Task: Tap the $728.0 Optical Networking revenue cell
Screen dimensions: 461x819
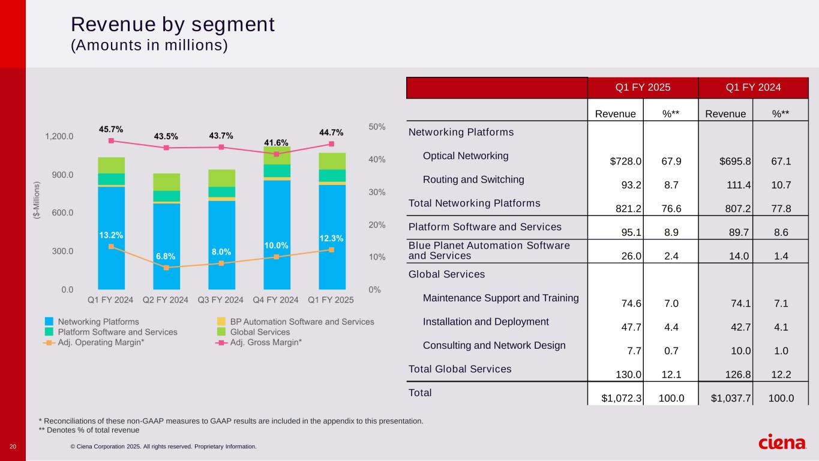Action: point(626,161)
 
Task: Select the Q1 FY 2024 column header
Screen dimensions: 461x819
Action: point(753,88)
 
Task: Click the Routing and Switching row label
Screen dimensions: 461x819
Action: point(473,179)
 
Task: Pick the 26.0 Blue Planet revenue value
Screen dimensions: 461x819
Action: point(632,256)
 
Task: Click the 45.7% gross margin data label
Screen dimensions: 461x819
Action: point(111,129)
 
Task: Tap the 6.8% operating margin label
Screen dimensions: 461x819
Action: point(166,256)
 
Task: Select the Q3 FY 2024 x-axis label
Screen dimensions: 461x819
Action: point(221,300)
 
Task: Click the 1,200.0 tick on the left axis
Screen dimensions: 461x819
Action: point(59,136)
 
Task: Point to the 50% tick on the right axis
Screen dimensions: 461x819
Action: point(377,127)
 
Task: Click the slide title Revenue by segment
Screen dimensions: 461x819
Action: point(173,24)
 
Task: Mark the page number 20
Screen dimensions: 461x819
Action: point(13,447)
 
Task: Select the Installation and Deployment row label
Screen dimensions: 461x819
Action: point(485,322)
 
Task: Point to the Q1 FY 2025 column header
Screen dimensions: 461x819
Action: point(643,88)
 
